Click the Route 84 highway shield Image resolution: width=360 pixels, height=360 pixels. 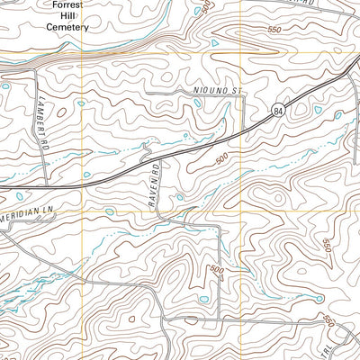278,110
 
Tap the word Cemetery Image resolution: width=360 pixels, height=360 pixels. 68,27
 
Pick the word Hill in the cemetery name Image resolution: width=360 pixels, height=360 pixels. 68,16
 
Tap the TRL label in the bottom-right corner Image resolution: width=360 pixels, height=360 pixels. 354,346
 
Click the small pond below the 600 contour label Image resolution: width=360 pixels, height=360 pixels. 203,300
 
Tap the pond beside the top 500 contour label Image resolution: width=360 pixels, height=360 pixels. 214,42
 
